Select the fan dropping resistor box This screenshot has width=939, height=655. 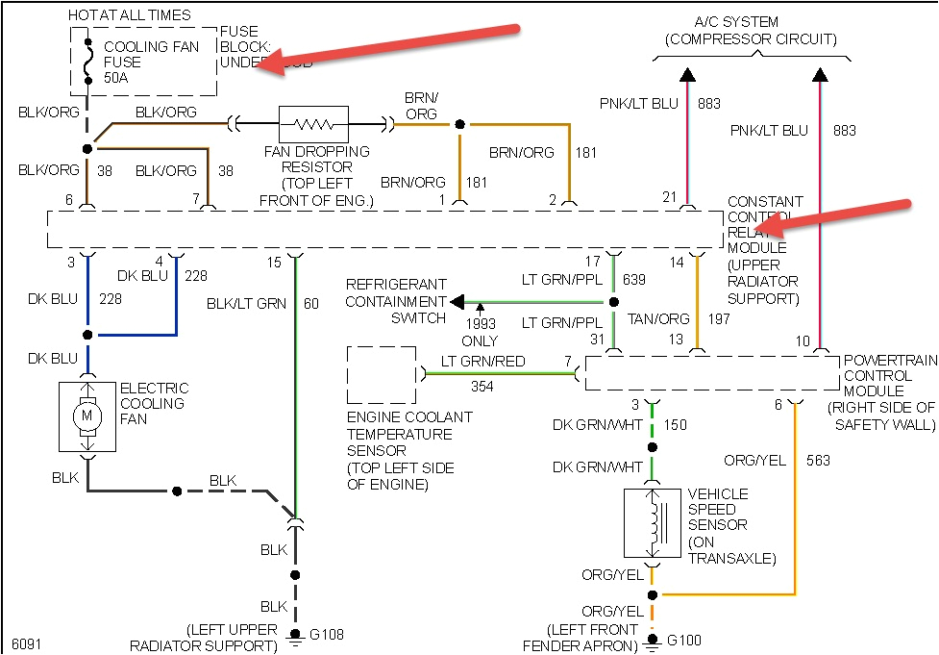click(313, 124)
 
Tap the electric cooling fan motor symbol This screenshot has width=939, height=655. click(88, 416)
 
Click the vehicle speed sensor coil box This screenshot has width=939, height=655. click(653, 523)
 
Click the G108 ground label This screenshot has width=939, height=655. click(327, 635)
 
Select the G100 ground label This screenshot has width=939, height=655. click(685, 640)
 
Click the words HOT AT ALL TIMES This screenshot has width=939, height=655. click(130, 15)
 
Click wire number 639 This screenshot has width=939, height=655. click(634, 280)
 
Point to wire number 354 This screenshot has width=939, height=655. click(482, 386)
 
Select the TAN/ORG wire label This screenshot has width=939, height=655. click(658, 318)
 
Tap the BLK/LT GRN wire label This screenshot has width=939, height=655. click(247, 304)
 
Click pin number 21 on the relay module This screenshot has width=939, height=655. click(670, 197)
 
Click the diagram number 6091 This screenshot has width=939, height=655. click(27, 643)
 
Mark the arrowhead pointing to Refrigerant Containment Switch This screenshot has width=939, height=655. click(458, 302)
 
